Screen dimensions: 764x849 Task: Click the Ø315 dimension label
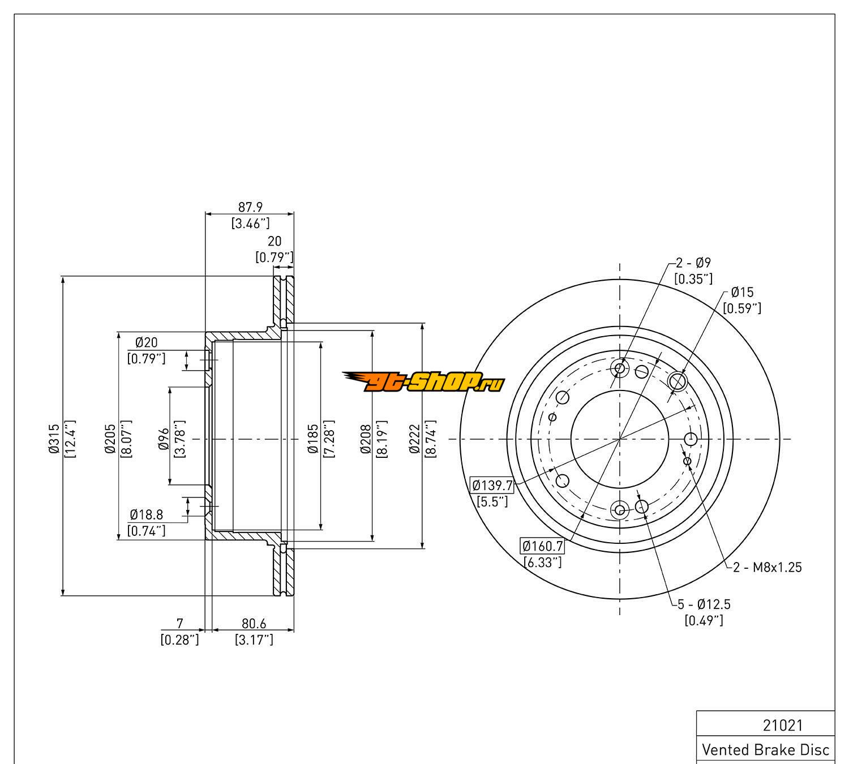[x=54, y=439]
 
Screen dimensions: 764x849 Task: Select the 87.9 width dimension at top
[x=250, y=208]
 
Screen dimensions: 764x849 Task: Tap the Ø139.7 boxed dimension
[x=492, y=485]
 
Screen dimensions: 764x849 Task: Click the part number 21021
[x=783, y=725]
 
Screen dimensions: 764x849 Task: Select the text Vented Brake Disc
[x=765, y=749]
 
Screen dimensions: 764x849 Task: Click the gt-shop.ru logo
[x=423, y=383]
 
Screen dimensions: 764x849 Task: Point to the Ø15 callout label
[x=742, y=292]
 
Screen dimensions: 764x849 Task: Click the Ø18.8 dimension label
[x=146, y=514]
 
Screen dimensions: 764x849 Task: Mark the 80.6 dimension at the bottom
[x=254, y=624]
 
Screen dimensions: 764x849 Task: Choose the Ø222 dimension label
[x=415, y=439]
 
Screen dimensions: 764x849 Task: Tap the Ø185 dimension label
[x=312, y=439]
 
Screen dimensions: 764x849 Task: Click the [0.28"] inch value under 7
[x=179, y=639]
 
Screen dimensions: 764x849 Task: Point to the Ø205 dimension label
[x=110, y=439]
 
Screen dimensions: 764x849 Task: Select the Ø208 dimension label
[x=365, y=439]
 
